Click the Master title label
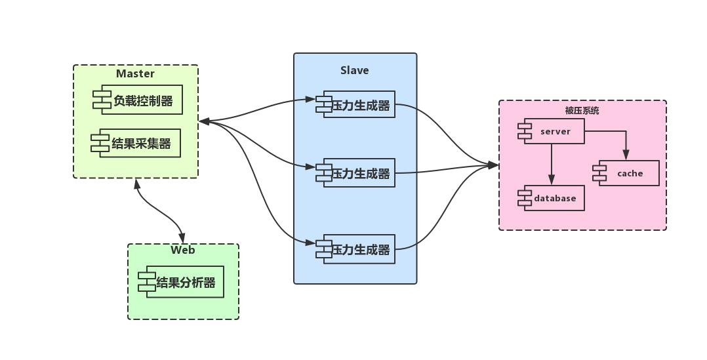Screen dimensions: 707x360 135,73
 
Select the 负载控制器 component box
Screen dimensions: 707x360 138,100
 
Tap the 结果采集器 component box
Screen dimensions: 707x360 136,144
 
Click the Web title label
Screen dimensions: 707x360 182,250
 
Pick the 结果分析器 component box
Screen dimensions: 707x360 181,282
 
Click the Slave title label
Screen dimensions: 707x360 354,70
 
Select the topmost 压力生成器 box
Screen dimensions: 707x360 355,104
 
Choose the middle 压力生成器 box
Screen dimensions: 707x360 355,172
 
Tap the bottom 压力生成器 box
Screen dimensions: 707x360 355,249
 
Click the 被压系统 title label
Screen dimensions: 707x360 582,110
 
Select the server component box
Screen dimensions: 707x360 551,131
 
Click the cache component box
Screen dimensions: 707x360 626,173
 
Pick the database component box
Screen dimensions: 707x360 551,198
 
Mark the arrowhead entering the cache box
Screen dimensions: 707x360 626,155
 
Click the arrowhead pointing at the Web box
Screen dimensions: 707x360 182,238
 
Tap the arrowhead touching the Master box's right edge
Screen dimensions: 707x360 204,121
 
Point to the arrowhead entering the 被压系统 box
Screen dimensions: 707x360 493,165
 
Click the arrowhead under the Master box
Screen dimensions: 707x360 136,184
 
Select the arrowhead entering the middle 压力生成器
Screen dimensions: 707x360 310,167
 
